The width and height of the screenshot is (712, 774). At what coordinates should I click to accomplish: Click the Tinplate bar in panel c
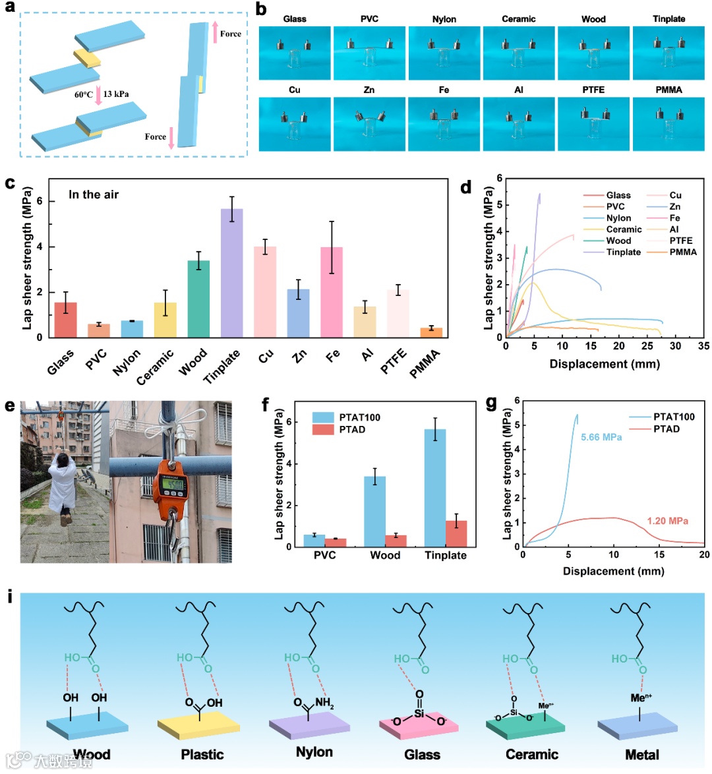coord(231,273)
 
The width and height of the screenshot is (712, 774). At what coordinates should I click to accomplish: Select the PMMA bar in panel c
coord(431,332)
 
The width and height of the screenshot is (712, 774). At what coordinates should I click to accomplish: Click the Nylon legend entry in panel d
coord(618,218)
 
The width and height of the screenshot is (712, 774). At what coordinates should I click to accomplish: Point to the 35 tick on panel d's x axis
coord(703,346)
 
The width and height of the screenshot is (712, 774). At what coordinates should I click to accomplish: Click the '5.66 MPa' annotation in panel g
coord(601,437)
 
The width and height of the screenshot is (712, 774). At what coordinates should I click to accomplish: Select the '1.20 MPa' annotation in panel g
coord(667,521)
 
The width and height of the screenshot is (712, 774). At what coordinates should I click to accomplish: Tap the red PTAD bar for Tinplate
coord(456,533)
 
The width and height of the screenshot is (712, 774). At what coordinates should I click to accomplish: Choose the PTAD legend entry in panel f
coord(352,429)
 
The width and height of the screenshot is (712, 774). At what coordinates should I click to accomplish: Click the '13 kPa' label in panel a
coord(115,94)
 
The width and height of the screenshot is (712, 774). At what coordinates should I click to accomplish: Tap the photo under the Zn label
coord(369,123)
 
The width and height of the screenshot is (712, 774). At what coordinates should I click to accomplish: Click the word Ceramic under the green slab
coord(531,754)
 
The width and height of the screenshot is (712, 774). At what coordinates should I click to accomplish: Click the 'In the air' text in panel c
coord(94,194)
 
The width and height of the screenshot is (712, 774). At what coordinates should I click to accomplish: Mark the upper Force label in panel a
coord(230,34)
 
